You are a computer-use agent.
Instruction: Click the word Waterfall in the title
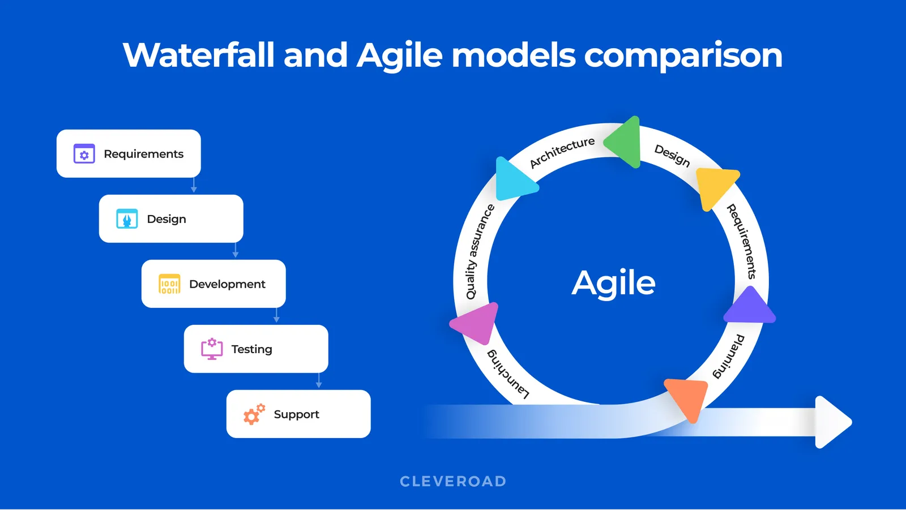tap(198, 55)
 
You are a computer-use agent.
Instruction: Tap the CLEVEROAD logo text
tap(453, 482)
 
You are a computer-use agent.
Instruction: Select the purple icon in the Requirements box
tap(84, 154)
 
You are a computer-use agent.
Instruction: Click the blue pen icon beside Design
tap(127, 219)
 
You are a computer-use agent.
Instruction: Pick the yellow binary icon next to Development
tap(169, 284)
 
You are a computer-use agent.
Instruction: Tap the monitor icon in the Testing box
tap(212, 349)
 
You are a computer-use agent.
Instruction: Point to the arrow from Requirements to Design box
tap(194, 186)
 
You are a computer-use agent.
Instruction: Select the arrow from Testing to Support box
tap(319, 381)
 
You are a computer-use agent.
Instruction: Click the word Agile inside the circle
tap(613, 282)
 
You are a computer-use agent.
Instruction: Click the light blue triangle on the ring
tap(512, 180)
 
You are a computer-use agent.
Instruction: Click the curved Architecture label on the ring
tap(562, 152)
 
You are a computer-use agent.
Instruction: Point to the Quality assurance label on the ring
tap(478, 252)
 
